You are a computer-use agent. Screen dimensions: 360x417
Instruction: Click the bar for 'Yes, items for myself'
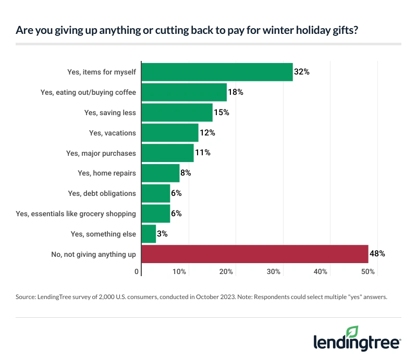click(x=217, y=72)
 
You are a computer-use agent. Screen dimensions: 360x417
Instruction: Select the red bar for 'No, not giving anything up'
click(x=254, y=254)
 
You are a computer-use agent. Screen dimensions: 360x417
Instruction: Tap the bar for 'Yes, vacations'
click(x=170, y=133)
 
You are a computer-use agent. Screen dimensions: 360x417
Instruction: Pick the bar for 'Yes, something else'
click(x=149, y=234)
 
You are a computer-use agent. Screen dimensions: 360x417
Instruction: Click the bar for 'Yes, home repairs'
click(x=161, y=173)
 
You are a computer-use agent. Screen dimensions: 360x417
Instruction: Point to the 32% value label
click(x=302, y=72)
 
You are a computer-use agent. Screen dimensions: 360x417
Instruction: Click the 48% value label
click(x=377, y=254)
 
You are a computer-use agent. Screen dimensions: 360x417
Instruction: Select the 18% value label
click(x=236, y=92)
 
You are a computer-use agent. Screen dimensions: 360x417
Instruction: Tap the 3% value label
click(x=162, y=234)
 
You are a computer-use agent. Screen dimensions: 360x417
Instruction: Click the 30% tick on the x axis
click(x=274, y=272)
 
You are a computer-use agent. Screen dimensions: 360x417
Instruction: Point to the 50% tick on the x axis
click(x=368, y=272)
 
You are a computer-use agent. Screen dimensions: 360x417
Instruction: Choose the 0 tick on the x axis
click(x=137, y=272)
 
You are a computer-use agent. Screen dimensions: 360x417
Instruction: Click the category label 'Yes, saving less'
click(x=110, y=113)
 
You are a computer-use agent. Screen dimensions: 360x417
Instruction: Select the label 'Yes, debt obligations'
click(x=102, y=193)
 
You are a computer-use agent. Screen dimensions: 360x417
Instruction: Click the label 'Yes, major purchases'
click(x=101, y=153)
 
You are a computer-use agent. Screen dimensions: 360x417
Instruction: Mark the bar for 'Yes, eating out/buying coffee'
click(x=184, y=92)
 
